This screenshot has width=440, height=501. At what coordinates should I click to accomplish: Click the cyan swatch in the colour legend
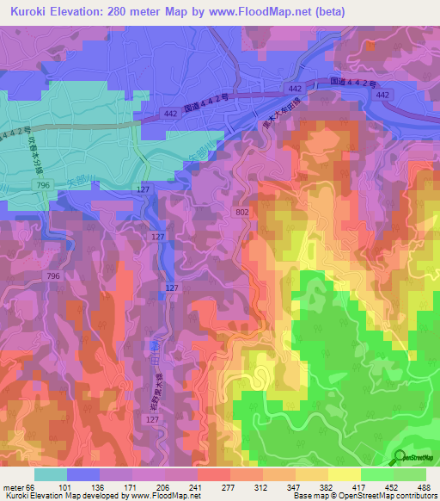pyautogui.click(x=50, y=474)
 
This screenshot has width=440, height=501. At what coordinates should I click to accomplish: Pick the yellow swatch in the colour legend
pyautogui.click(x=344, y=474)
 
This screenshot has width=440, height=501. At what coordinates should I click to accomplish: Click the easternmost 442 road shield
pyautogui.click(x=382, y=95)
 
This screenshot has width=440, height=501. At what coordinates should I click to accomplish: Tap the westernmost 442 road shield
pyautogui.click(x=170, y=113)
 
